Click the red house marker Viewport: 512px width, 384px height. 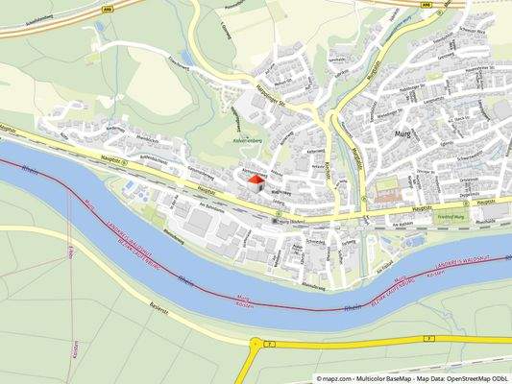coord(255,179)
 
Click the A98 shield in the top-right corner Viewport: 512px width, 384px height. coord(427,4)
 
